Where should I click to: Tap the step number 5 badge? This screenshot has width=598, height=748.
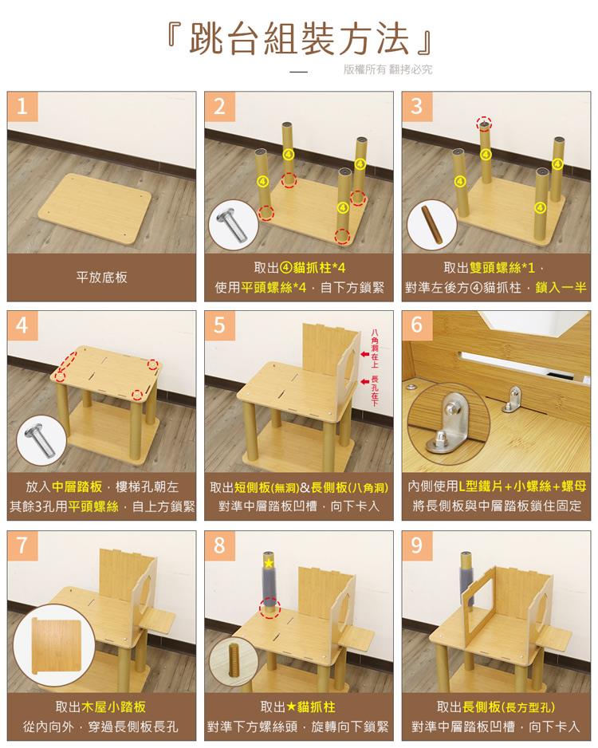(220, 325)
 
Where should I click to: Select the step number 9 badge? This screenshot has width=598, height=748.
(417, 545)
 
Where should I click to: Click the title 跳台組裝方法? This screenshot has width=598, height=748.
(299, 39)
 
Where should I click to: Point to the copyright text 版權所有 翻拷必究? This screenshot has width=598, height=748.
(388, 70)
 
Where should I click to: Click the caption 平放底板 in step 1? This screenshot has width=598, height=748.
(101, 278)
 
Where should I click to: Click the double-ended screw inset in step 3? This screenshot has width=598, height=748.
(431, 225)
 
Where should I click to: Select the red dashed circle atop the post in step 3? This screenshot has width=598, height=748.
(483, 124)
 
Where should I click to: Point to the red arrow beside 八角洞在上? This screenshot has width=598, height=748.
(364, 352)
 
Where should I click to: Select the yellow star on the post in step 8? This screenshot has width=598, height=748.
(269, 564)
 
